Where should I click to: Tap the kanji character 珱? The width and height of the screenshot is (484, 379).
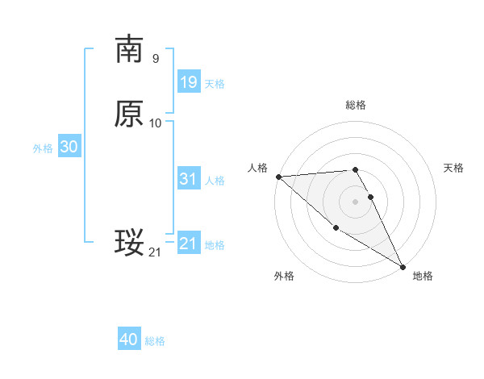click(x=129, y=243)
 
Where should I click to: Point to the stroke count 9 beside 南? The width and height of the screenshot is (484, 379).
click(x=155, y=58)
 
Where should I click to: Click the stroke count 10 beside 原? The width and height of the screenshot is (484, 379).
click(x=156, y=123)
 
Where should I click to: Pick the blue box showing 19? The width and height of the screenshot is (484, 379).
click(x=188, y=81)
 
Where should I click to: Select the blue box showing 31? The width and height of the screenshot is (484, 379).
click(x=188, y=179)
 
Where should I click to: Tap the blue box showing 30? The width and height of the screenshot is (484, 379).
click(x=69, y=147)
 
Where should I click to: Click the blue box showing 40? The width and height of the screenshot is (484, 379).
click(x=129, y=339)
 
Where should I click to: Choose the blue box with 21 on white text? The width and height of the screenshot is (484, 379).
click(x=188, y=244)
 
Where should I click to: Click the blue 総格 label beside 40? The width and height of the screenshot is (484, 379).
click(x=155, y=341)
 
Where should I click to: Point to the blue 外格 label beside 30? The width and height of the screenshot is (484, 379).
click(x=43, y=148)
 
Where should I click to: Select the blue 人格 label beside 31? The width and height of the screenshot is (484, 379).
click(x=215, y=181)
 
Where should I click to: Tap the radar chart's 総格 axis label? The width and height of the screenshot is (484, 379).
click(x=356, y=105)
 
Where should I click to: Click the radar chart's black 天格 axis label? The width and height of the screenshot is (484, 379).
click(x=453, y=168)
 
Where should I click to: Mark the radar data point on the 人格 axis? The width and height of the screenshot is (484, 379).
click(x=278, y=176)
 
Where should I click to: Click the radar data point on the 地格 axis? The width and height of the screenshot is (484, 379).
click(x=403, y=266)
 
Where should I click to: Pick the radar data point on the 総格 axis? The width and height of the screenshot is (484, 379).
click(x=355, y=170)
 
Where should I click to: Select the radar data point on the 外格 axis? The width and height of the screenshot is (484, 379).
click(x=336, y=227)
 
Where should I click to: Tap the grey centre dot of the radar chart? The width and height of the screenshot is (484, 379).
click(x=355, y=201)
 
